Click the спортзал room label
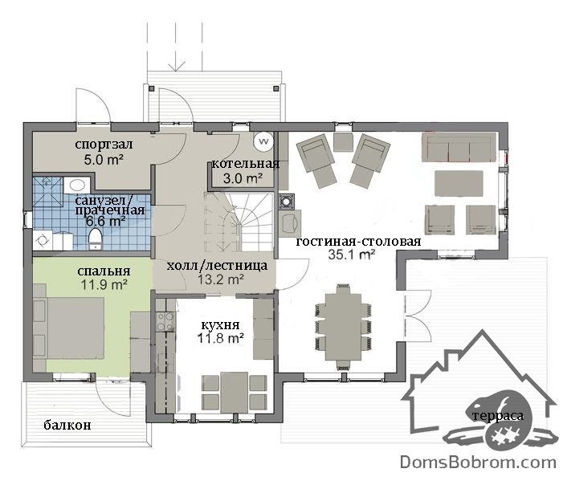click(x=104, y=145)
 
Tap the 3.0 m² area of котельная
click(x=243, y=178)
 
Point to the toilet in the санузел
click(x=95, y=239)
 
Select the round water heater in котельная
click(x=264, y=141)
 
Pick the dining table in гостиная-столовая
click(x=343, y=327)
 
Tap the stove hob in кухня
click(x=165, y=321)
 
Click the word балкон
click(x=67, y=426)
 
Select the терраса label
click(x=498, y=417)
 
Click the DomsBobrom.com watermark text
click(x=478, y=462)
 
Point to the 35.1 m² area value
click(x=352, y=255)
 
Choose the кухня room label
click(x=220, y=325)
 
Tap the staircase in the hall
click(x=239, y=222)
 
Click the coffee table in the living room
click(x=459, y=183)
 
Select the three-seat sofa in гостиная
click(x=459, y=147)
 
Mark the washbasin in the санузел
click(x=77, y=185)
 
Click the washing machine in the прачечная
click(x=43, y=240)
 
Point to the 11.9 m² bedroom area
click(x=104, y=285)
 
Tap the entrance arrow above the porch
click(x=176, y=46)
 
